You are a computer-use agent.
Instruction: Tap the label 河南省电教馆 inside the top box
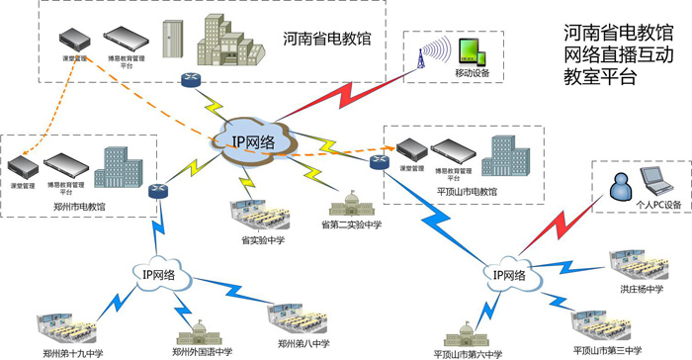point(326,40)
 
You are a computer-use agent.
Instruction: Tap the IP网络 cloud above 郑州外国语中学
point(155,275)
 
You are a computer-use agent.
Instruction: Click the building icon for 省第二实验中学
point(350,203)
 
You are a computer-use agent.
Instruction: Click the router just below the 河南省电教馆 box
point(189,79)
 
